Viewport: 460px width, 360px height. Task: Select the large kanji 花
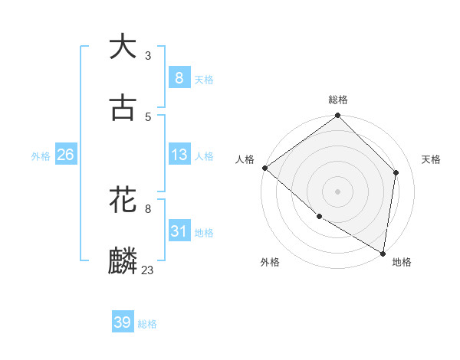pos(123,200)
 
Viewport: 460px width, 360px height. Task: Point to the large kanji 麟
pos(123,261)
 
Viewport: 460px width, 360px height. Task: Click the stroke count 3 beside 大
pos(148,55)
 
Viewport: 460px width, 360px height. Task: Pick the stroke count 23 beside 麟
pos(148,270)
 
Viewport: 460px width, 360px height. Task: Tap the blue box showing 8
pos(179,77)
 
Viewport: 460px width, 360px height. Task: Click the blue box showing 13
pos(179,155)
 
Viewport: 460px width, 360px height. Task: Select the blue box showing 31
pos(179,231)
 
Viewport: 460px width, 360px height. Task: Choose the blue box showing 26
pos(65,155)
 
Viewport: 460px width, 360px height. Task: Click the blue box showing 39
pos(123,322)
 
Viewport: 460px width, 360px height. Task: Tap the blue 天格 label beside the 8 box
pos(204,79)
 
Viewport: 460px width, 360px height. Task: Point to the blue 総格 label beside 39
pos(147,324)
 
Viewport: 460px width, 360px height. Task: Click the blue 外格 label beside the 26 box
pos(41,156)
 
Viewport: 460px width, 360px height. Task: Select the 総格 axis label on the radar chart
pos(338,100)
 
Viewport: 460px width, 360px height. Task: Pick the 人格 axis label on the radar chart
pos(245,159)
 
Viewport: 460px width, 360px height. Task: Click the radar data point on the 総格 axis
pos(338,116)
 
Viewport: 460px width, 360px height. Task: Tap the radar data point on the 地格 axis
pos(383,253)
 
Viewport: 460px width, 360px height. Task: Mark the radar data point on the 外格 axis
pos(319,217)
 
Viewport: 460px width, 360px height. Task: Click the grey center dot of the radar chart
pos(338,191)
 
